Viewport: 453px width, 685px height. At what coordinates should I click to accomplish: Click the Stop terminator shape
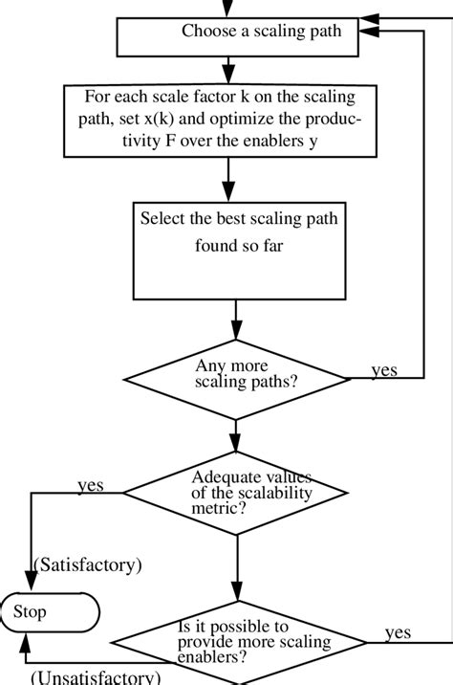pyautogui.click(x=49, y=611)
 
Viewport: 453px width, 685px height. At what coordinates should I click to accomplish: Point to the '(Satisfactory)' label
pyautogui.click(x=87, y=563)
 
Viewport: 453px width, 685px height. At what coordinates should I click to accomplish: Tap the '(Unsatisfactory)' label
pyautogui.click(x=95, y=677)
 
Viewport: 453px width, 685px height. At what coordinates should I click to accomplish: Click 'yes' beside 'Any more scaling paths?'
pyautogui.click(x=384, y=370)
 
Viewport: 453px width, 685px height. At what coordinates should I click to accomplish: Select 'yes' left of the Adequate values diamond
pyautogui.click(x=91, y=485)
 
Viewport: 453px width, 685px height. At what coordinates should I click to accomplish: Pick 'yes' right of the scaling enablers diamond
pyautogui.click(x=399, y=632)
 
